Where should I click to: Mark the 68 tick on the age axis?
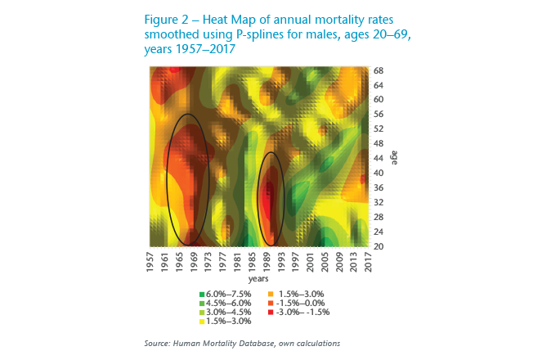coord(379,70)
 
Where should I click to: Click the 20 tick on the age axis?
coord(379,245)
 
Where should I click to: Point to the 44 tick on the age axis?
coord(379,158)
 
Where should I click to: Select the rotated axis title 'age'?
coord(394,158)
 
